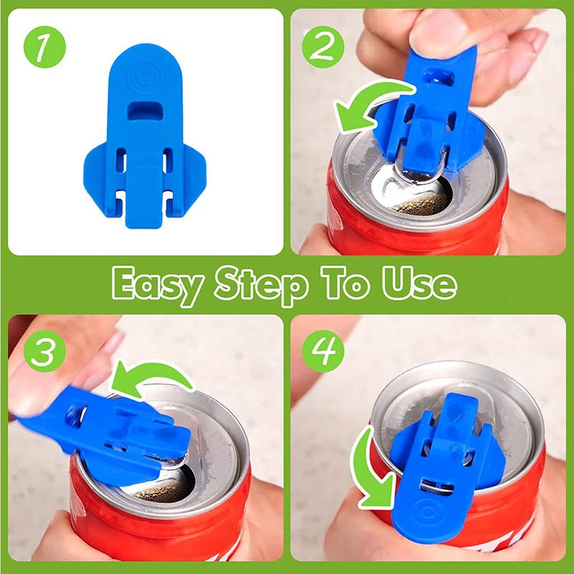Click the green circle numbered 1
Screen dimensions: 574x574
pyautogui.click(x=44, y=47)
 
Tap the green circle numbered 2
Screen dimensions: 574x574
pyautogui.click(x=323, y=47)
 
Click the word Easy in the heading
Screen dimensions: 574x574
pyautogui.click(x=157, y=286)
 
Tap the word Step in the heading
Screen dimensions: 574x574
pyautogui.click(x=260, y=286)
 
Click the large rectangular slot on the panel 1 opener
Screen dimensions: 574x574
pyautogui.click(x=146, y=110)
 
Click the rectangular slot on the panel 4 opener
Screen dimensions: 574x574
pyautogui.click(x=437, y=486)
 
